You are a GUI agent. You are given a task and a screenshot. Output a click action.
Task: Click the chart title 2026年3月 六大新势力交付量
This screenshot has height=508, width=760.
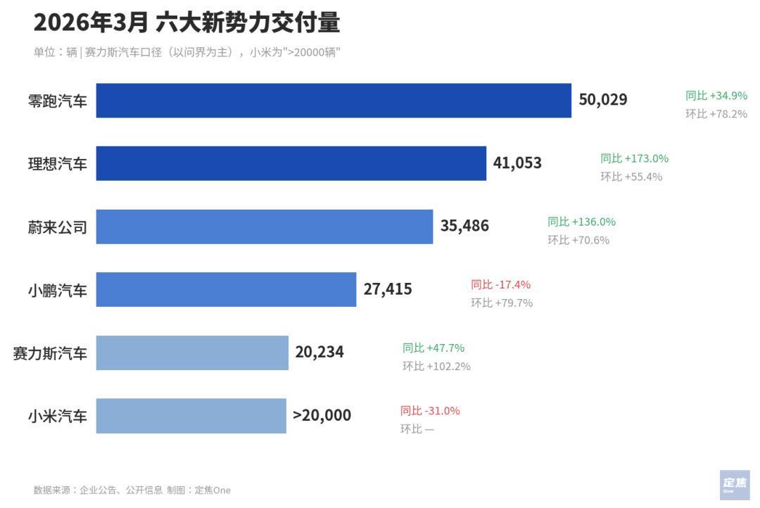click(186, 23)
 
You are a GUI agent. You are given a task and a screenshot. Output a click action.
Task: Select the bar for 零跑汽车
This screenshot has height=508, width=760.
click(334, 101)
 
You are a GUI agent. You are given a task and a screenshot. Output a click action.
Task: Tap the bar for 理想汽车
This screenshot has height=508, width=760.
click(291, 163)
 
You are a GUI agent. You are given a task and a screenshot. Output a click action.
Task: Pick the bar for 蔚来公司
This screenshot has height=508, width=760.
click(264, 227)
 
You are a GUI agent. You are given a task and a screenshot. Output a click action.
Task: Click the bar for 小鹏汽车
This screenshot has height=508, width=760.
click(226, 289)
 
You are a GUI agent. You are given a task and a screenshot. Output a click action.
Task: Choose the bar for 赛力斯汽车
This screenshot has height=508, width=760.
click(192, 353)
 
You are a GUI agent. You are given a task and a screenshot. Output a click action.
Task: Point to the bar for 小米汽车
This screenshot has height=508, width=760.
click(191, 416)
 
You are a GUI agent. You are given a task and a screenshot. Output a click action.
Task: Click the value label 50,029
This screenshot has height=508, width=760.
click(602, 100)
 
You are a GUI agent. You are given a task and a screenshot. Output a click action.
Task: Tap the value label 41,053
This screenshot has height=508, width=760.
click(517, 163)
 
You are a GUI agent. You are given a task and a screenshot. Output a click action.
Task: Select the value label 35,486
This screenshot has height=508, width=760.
click(464, 226)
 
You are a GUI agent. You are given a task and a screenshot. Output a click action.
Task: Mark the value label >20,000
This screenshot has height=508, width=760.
click(322, 416)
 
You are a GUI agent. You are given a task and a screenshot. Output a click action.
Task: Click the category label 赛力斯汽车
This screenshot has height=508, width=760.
click(50, 353)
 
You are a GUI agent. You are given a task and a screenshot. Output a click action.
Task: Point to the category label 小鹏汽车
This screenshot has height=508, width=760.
click(58, 290)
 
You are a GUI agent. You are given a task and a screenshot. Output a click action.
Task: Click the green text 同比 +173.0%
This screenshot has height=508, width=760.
click(634, 158)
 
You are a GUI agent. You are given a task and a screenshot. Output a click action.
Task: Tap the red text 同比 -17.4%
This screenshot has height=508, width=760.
click(500, 285)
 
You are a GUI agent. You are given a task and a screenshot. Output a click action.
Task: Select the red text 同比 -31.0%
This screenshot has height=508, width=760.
click(430, 411)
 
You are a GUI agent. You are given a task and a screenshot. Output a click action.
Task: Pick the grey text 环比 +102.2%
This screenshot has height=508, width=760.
click(436, 367)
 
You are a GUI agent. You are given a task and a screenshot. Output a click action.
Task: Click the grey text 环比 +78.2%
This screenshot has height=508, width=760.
click(716, 114)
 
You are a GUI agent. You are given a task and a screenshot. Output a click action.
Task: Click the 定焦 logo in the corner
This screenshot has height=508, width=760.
click(734, 485)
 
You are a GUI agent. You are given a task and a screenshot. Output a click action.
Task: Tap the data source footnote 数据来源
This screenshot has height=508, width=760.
click(132, 490)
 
